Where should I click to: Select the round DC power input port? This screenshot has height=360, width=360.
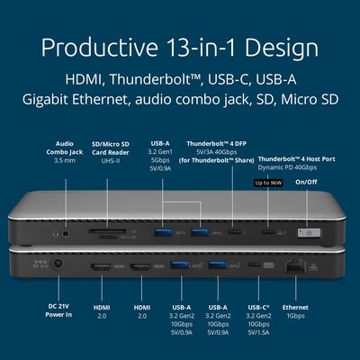point(59,265)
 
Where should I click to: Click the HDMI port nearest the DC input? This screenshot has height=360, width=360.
point(101,267)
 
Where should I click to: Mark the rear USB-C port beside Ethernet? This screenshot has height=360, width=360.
point(256,266)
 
